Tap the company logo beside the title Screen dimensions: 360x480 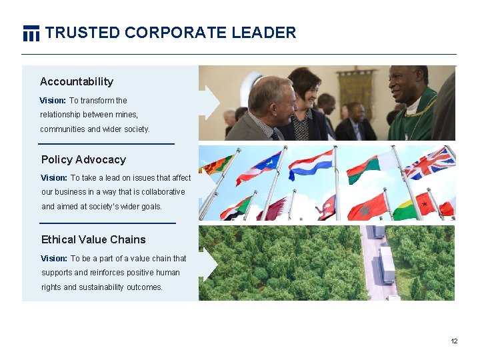click(31, 33)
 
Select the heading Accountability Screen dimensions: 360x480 click(77, 81)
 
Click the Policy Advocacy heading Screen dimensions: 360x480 click(83, 159)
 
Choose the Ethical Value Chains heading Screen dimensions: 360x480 click(93, 239)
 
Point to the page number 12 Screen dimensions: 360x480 click(454, 341)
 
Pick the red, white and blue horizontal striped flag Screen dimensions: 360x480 click(311, 162)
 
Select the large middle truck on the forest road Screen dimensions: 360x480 click(387, 264)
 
